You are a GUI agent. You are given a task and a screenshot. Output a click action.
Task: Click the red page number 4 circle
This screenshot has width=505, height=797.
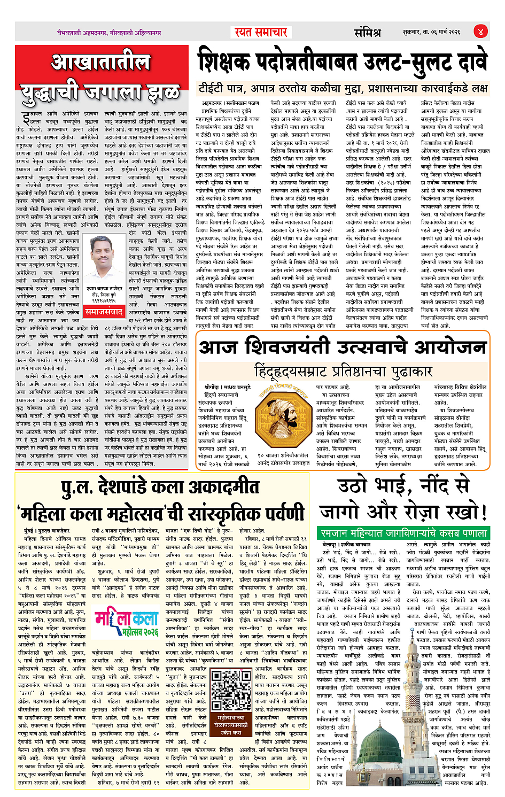(480, 32)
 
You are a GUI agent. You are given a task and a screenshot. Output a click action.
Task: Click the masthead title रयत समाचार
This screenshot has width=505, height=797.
(261, 32)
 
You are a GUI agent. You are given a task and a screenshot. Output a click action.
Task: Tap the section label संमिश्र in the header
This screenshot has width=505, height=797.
(367, 32)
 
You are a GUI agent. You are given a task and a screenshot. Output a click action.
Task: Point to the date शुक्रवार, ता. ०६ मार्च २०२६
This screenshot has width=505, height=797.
(432, 32)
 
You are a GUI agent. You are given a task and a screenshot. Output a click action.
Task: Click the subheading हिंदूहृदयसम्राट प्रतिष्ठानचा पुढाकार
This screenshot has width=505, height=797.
(342, 370)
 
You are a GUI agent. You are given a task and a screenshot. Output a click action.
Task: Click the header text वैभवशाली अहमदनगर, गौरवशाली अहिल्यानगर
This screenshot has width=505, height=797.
(109, 33)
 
